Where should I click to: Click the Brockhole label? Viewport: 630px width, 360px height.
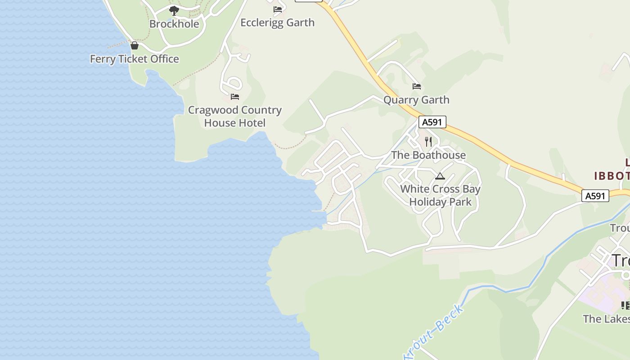(x=174, y=24)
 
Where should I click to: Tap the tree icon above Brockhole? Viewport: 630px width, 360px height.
(x=174, y=11)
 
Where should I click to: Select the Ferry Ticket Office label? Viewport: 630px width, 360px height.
(x=135, y=59)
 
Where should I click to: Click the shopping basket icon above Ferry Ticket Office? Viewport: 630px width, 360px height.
(x=134, y=45)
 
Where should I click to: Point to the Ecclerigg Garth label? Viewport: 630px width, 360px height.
(x=277, y=22)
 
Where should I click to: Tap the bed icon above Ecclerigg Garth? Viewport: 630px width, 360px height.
(x=278, y=9)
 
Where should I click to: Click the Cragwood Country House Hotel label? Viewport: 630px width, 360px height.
(x=234, y=116)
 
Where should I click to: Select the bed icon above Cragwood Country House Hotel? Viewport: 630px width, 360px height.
(x=235, y=96)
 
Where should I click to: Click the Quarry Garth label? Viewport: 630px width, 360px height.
(x=416, y=100)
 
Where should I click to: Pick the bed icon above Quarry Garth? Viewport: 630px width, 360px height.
(x=417, y=86)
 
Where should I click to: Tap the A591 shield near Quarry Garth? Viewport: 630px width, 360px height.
(x=432, y=122)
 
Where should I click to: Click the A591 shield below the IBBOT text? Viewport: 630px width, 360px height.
(x=595, y=196)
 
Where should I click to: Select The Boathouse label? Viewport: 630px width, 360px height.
(x=428, y=155)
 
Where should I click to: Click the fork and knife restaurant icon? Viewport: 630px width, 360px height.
(x=428, y=142)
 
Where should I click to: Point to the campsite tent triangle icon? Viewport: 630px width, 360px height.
(x=440, y=176)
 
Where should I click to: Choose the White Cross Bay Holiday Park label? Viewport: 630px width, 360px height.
(x=441, y=195)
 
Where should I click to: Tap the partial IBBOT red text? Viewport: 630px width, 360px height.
(x=612, y=175)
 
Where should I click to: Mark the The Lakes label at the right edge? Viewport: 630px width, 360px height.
(x=606, y=319)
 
